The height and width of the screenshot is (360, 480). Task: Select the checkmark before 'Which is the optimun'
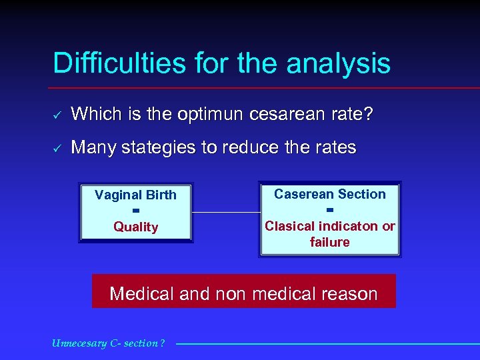coord(57,115)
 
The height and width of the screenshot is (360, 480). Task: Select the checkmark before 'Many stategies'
coord(57,148)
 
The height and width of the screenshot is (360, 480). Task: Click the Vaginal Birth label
coord(135,195)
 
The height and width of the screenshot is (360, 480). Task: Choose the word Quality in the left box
coord(135,227)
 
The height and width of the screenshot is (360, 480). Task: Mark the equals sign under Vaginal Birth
coord(135,211)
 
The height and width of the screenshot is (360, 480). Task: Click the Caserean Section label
coord(330,194)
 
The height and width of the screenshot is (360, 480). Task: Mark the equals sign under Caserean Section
coord(330,210)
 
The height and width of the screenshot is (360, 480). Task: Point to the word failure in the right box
coord(330,242)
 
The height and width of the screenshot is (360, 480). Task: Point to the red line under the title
coord(267,88)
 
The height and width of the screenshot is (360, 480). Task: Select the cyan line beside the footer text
coord(327,344)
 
